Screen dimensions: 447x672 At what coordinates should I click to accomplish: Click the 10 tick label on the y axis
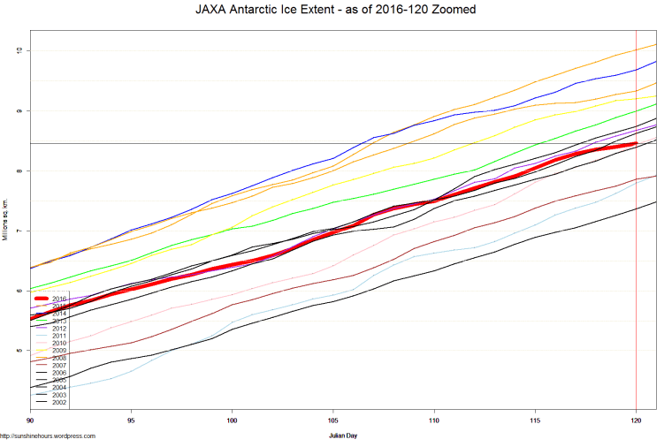coord(19,50)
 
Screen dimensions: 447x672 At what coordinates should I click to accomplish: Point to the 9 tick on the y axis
coord(19,110)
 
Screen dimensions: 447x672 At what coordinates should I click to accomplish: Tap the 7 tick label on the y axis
coord(19,231)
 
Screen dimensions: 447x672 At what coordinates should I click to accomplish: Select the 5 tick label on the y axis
coord(19,351)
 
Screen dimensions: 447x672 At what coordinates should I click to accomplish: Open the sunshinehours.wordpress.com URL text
coord(48,436)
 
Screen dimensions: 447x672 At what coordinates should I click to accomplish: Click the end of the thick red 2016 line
coord(636,144)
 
